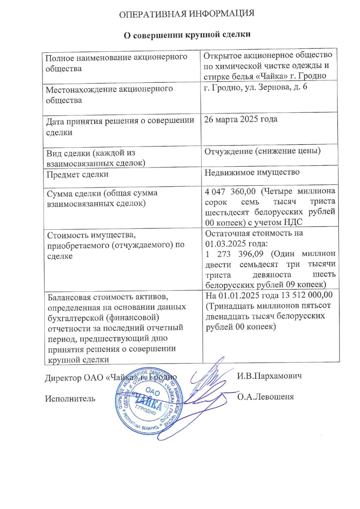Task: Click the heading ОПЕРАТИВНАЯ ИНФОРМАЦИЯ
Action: point(186,14)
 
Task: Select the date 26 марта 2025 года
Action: point(241,119)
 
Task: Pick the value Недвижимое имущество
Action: point(252,172)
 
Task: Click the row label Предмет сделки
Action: point(77,174)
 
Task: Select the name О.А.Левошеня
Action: point(266,397)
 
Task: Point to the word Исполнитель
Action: point(70,398)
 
